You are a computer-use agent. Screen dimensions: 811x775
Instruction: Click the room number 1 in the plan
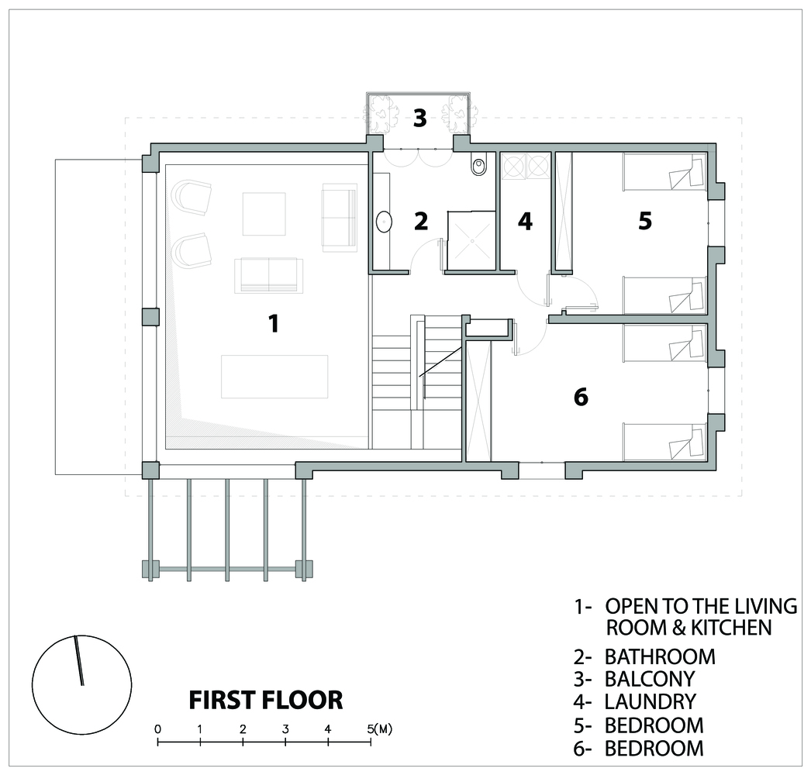274,324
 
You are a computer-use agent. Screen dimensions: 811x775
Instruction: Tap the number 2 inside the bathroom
421,221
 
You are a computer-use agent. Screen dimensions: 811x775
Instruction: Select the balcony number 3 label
419,118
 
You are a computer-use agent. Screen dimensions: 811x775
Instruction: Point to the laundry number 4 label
525,221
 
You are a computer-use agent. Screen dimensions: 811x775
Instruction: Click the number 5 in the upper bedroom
644,221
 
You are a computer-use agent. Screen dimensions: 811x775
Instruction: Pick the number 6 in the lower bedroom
581,397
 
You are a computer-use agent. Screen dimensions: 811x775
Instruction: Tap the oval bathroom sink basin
384,222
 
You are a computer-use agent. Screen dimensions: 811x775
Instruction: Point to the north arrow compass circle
81,684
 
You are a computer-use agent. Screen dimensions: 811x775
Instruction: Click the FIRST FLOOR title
265,700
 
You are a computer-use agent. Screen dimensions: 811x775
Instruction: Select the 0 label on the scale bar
157,729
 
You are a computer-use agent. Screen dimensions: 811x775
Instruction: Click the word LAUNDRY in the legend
651,701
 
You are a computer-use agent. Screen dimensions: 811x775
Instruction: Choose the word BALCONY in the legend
650,678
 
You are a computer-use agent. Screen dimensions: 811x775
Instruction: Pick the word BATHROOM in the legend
660,656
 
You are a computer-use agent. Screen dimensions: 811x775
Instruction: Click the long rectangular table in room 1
274,377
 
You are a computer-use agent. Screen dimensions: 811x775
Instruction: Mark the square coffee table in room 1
264,214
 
